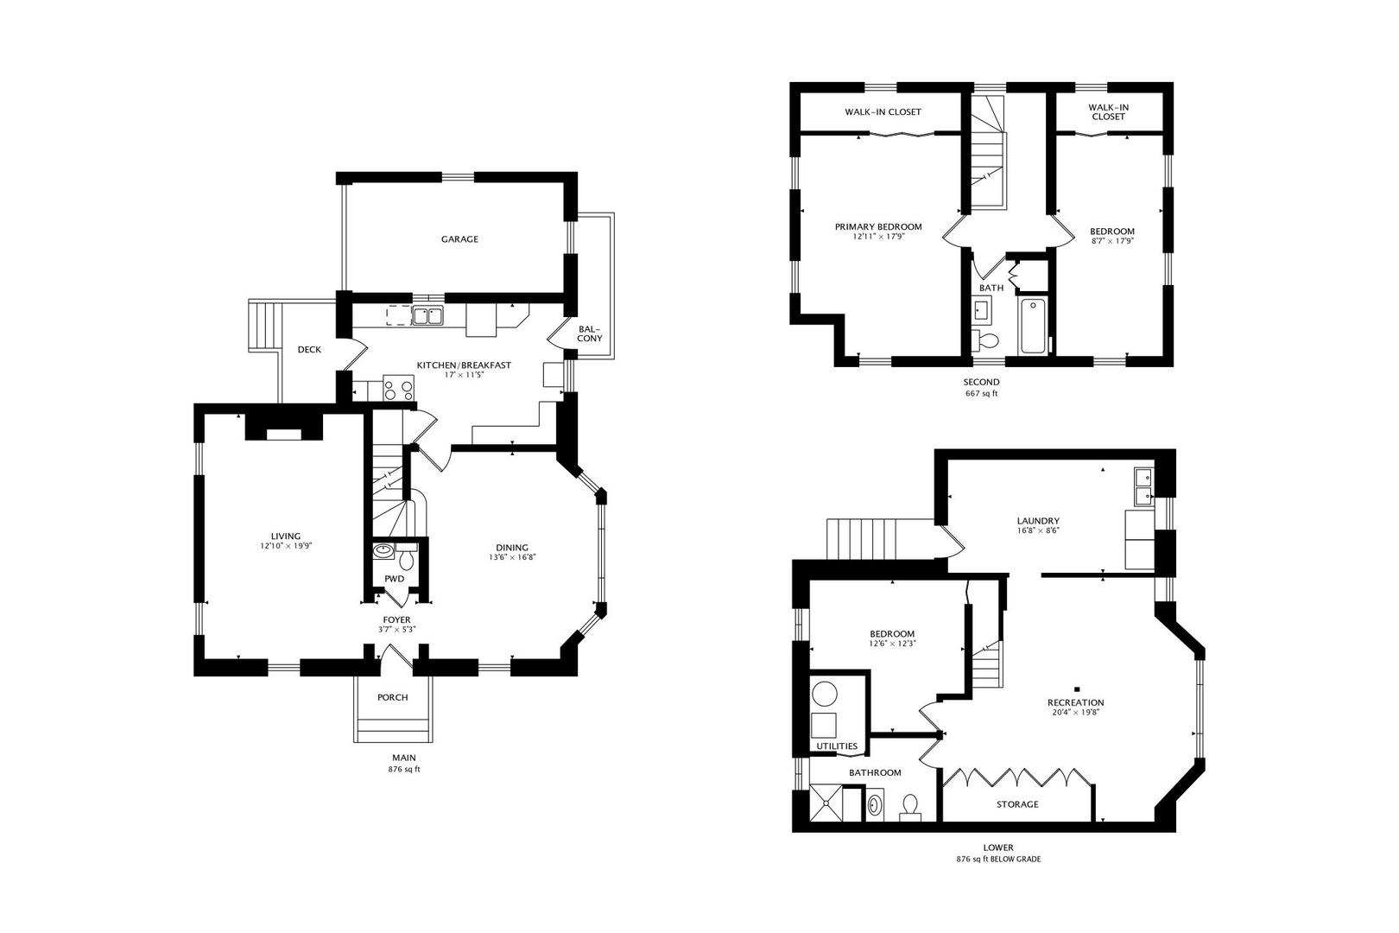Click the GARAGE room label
(x=459, y=239)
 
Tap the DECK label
(x=309, y=349)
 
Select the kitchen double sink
(x=427, y=315)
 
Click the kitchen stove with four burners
(x=398, y=387)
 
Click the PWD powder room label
(x=394, y=579)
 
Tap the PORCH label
(x=393, y=697)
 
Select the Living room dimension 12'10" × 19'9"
(x=286, y=546)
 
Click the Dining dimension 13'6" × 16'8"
(x=512, y=557)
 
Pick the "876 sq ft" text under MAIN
(x=404, y=769)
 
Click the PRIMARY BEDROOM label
(x=878, y=227)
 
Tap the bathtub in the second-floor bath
(x=1032, y=327)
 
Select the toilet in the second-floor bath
(x=985, y=340)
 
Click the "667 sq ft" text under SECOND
(x=981, y=394)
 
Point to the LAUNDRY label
(x=1038, y=521)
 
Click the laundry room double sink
(x=1144, y=487)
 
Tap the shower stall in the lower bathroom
(x=826, y=803)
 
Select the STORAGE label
(x=1017, y=804)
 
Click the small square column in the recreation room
(x=1077, y=689)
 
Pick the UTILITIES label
(x=837, y=746)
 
